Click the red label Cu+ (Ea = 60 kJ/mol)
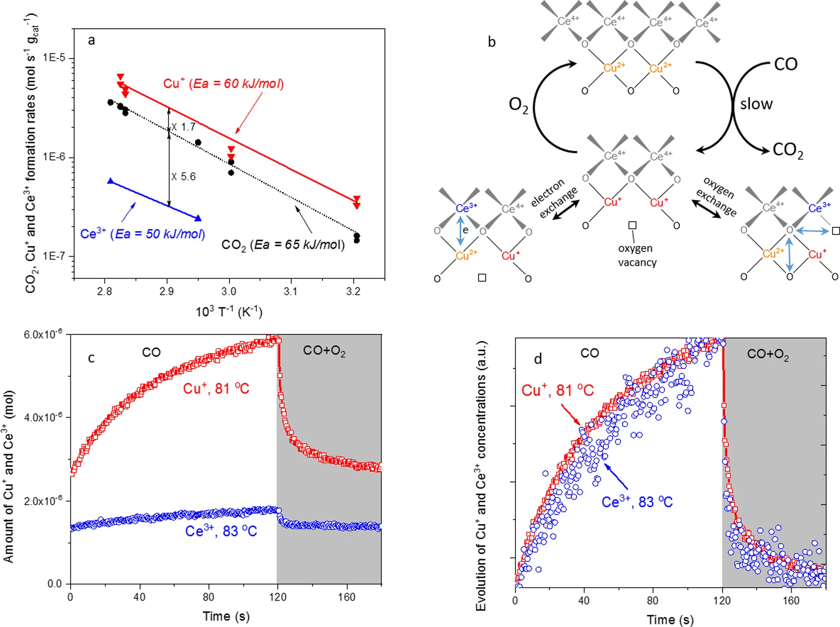[x=223, y=84]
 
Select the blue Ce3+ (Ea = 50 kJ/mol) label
[x=142, y=233]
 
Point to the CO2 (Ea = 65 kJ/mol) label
[x=283, y=244]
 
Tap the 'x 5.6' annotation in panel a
[x=184, y=176]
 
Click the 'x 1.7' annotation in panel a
[x=184, y=127]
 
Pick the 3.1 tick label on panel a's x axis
[x=291, y=291]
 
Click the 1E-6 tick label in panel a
[x=54, y=157]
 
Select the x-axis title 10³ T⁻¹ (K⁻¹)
[x=229, y=312]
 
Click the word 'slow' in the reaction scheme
[x=756, y=104]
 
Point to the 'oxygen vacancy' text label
[x=637, y=255]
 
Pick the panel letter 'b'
[x=491, y=42]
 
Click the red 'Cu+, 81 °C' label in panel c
[x=216, y=388]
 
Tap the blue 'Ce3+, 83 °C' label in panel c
[x=221, y=531]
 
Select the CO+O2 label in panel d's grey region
[x=768, y=354]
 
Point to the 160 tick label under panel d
[x=790, y=601]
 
